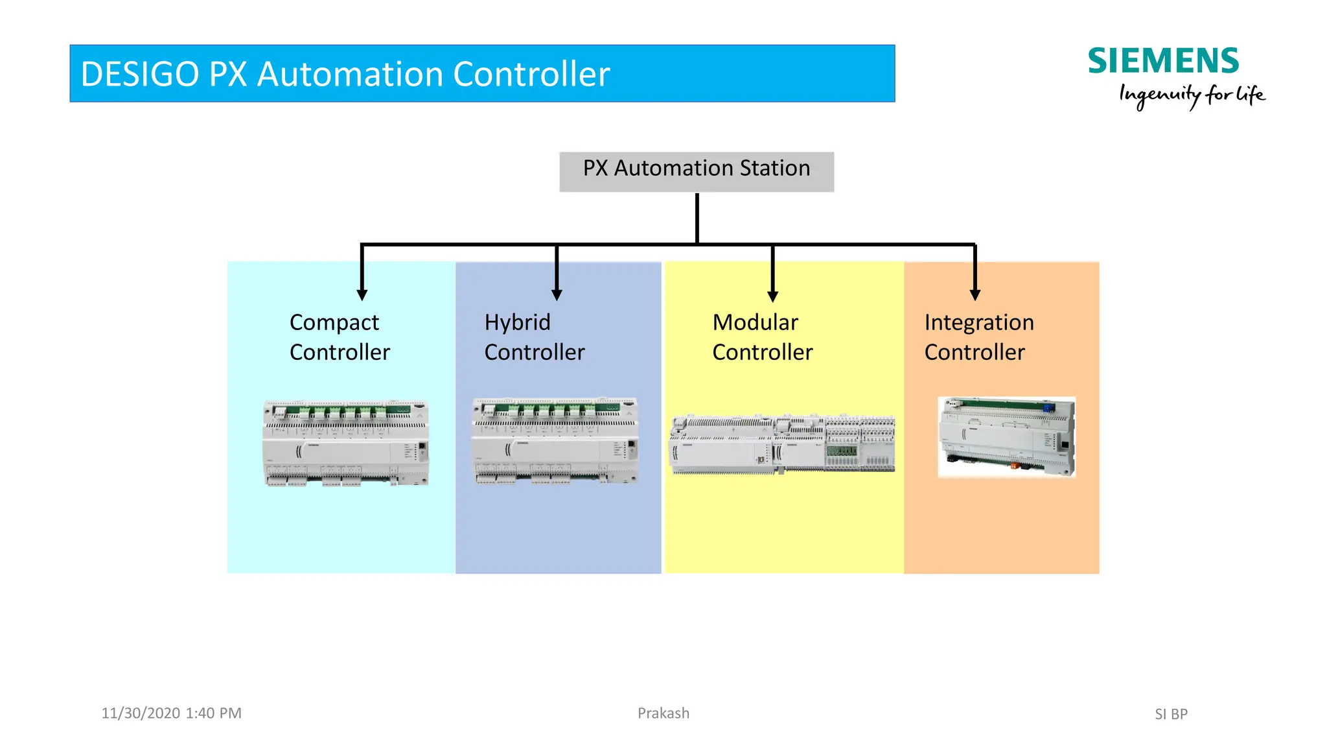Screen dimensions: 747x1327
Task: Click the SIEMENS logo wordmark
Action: (1162, 62)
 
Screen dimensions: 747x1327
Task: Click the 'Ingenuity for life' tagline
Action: (1192, 95)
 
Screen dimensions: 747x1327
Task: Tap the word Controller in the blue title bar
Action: (531, 74)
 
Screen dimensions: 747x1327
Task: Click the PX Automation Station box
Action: (697, 171)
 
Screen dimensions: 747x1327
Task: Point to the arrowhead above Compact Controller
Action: (362, 294)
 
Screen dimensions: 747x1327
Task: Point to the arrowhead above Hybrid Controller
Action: (557, 294)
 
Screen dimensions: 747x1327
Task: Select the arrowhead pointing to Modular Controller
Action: (772, 296)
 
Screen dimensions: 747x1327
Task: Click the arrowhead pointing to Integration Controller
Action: (975, 294)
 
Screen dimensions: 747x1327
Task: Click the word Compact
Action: (334, 322)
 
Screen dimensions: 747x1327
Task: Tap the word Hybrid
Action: (517, 322)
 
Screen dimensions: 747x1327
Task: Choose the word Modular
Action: (755, 322)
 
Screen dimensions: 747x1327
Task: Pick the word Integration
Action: (978, 322)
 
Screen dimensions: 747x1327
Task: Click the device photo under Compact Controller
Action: (345, 443)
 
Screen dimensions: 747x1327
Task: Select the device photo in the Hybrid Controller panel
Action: (555, 441)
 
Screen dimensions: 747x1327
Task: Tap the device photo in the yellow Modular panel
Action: (782, 444)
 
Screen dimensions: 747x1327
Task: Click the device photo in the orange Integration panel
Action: (1006, 437)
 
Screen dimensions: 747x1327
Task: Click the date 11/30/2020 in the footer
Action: (141, 713)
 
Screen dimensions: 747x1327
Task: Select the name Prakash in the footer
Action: (663, 713)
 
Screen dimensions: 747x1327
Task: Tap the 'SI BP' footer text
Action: (1171, 714)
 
